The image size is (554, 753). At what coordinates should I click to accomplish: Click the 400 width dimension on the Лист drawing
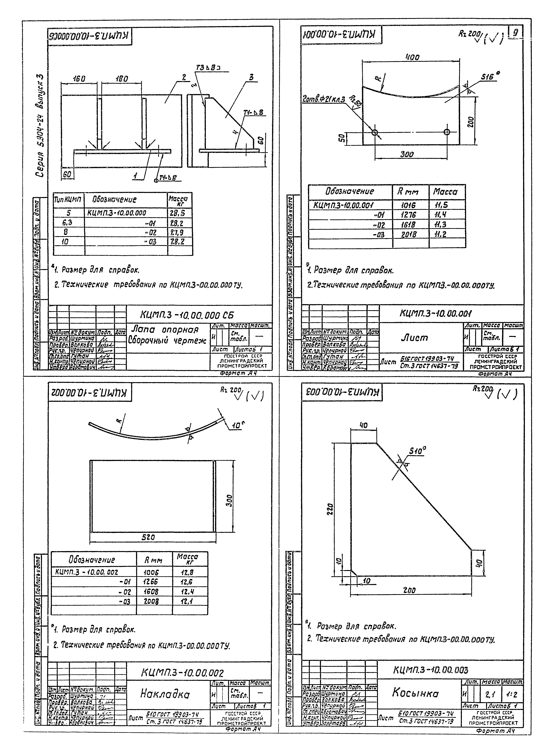tap(412, 58)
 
